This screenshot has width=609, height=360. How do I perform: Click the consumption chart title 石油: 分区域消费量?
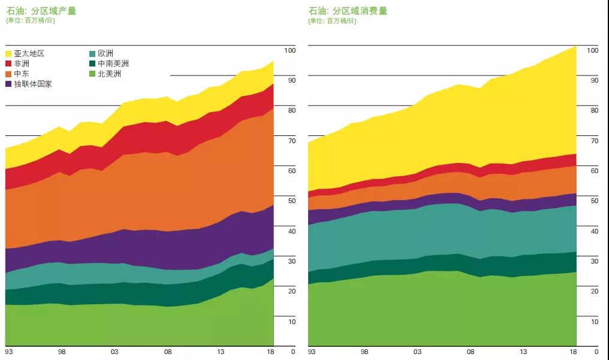coord(348,11)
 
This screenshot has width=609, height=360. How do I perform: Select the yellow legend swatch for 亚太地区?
coord(9,54)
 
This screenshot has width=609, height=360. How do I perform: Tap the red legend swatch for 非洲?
coord(9,63)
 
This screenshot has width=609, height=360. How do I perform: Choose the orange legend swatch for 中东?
coord(9,74)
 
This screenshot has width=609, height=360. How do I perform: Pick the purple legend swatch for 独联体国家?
coord(9,84)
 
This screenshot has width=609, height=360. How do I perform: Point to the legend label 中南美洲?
coord(113,63)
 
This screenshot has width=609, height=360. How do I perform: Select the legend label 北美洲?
coord(109,74)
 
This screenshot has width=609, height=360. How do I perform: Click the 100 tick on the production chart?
coord(290,50)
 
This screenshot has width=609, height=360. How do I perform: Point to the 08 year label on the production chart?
coord(168,352)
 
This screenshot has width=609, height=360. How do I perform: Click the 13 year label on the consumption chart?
coord(523,352)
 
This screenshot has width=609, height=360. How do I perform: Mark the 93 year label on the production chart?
coord(9,352)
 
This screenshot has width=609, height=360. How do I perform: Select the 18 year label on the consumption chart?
coord(572,352)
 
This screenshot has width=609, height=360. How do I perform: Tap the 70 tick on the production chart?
coord(291,141)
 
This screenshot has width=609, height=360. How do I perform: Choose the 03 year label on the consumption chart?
coord(417,352)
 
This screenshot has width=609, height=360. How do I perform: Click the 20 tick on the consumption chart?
coord(594,291)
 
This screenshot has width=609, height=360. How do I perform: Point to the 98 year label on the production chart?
coord(62,352)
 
